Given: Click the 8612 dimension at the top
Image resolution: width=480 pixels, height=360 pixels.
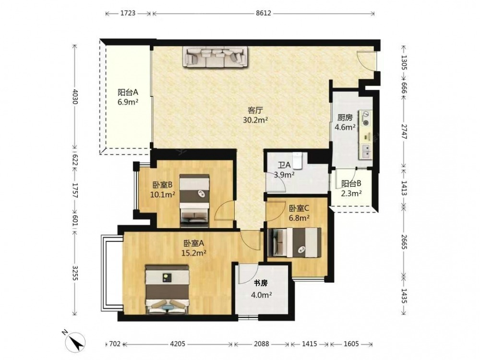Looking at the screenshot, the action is point(264,13).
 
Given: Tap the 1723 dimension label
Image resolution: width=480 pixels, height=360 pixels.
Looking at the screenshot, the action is point(128,13).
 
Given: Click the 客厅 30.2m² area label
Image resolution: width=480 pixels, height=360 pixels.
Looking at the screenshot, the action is point(255,115).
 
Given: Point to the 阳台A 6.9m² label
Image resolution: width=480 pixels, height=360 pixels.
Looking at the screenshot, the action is point(128,97).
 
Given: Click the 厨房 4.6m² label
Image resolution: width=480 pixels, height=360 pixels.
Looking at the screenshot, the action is point(345,122).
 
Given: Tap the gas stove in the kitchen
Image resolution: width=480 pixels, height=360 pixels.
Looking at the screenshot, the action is point(366,118).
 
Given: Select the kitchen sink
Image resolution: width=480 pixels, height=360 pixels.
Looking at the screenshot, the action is point(366,151).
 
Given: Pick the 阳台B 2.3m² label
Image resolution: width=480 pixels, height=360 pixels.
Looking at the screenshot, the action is point(351,188).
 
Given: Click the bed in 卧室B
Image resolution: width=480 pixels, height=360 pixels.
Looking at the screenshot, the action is point(195,201).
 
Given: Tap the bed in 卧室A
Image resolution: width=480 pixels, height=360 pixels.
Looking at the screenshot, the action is point(167,289).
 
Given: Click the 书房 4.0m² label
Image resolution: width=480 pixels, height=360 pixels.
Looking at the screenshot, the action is point(261,289).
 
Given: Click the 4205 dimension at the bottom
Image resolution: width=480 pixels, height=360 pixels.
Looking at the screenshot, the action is point(178,344).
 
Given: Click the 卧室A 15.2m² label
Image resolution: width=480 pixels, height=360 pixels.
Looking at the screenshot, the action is point(194,248).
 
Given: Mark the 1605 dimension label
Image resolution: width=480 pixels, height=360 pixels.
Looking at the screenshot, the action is point(351,344).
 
